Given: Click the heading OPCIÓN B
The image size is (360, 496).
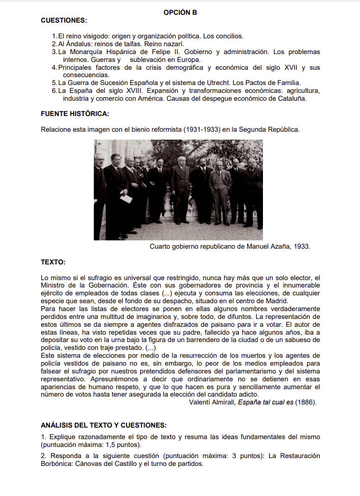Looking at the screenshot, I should [180, 12].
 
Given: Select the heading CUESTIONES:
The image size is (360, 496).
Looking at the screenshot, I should [64, 20].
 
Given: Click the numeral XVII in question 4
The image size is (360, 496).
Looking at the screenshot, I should [290, 67].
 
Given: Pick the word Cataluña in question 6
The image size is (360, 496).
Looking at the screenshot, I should [292, 98].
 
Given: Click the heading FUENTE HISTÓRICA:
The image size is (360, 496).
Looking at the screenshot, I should [75, 114].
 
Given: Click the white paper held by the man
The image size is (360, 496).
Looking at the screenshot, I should [126, 199].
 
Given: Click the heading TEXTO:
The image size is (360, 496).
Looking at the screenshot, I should [53, 262].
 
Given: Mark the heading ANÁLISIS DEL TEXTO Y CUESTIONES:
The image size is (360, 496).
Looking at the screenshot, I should [104, 425].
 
